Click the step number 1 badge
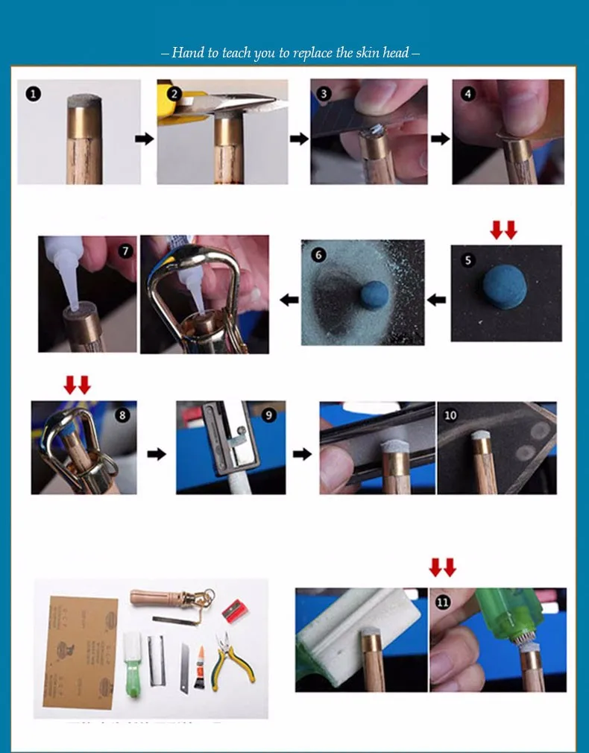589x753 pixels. (34, 94)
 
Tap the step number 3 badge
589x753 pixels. (324, 94)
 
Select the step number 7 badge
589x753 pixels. (125, 251)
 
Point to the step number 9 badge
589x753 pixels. (269, 415)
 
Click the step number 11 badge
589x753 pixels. (443, 602)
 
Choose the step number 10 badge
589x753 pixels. (450, 415)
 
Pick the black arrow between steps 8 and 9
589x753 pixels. (157, 454)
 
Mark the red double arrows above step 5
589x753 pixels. (503, 230)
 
